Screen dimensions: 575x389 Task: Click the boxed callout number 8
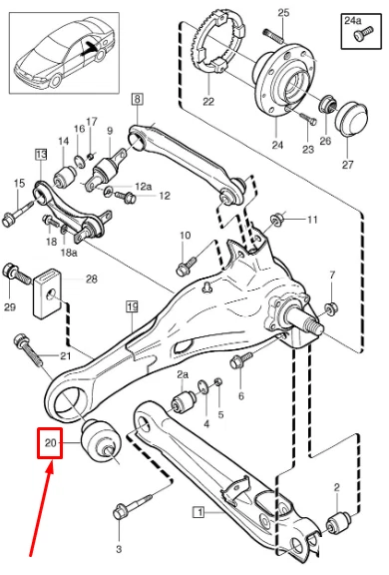[137, 97]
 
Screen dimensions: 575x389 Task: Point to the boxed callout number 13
[41, 155]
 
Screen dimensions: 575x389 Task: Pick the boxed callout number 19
[131, 307]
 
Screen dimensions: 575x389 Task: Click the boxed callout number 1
[198, 514]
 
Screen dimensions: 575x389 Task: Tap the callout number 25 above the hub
[282, 11]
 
